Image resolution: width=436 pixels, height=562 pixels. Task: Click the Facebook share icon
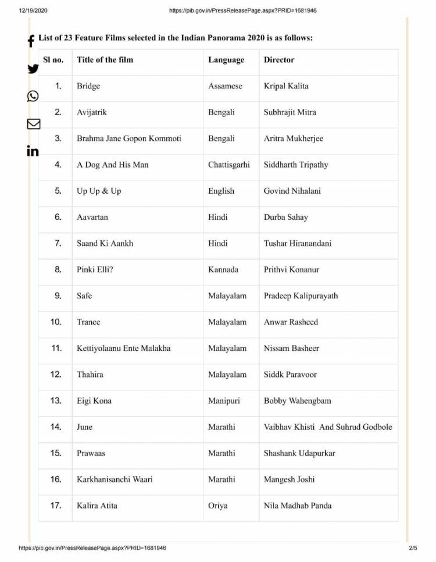(31, 41)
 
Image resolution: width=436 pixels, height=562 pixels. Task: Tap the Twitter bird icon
(33, 69)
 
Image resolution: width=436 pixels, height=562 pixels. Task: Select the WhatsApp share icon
(33, 96)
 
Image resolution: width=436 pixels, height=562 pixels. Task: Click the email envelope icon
(33, 123)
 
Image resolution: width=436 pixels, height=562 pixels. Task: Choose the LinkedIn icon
(33, 151)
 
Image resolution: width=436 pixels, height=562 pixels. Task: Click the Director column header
(279, 60)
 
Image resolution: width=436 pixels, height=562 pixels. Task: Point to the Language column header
(226, 60)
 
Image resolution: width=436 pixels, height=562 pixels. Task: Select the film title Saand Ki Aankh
(105, 243)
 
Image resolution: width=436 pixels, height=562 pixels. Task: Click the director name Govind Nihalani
(292, 191)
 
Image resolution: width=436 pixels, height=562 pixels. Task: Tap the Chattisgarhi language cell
(229, 165)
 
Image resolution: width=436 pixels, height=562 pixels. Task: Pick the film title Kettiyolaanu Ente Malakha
(123, 348)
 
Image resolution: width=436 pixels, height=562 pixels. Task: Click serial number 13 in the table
(56, 400)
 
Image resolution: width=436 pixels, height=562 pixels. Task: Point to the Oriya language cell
(218, 506)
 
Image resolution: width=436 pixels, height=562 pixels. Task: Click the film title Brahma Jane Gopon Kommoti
(128, 138)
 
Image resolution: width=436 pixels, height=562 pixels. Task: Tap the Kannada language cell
(223, 269)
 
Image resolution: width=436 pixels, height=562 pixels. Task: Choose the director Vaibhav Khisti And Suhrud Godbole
(328, 427)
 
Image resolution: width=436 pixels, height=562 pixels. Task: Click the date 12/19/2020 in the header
(33, 10)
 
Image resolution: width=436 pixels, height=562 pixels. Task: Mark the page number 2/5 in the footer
(413, 548)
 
